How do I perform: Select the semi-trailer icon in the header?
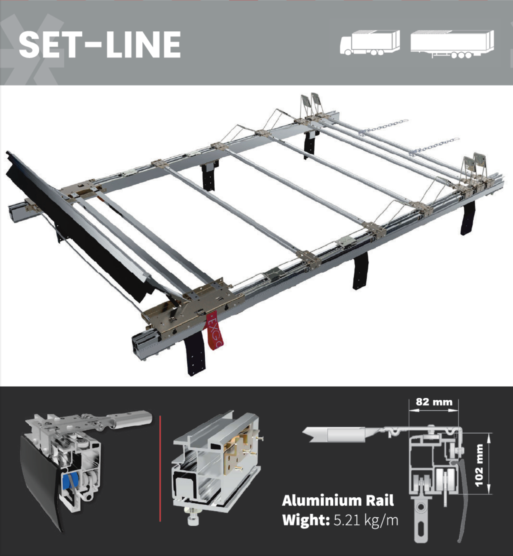point(452,44)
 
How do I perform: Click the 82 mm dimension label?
point(434,402)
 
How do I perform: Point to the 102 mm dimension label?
point(478,465)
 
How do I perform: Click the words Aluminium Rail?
point(338,501)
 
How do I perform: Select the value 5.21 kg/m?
point(366,520)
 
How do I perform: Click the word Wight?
point(306,520)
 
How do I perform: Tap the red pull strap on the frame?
point(214,330)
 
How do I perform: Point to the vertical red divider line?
point(160,469)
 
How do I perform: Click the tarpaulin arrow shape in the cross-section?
point(338,435)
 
